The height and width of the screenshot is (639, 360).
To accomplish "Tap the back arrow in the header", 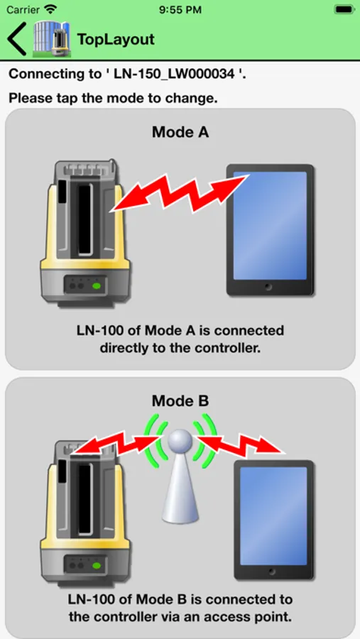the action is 17,39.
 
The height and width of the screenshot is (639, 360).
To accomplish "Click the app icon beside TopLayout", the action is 52,39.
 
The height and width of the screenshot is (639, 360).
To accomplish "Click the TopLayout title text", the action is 116,39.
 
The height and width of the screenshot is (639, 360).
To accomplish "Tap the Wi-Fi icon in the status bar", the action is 50,9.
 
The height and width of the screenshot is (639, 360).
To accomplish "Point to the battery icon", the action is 344,9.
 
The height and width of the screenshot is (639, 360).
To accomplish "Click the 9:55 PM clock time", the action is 180,9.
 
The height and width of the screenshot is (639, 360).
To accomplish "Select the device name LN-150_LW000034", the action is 175,74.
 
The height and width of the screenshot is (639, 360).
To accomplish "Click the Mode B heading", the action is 180,400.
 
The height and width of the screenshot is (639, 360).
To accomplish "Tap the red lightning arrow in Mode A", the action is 180,192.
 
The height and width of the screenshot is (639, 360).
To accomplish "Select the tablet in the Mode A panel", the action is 270,229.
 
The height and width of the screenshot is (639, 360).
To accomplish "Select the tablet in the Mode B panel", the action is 273,520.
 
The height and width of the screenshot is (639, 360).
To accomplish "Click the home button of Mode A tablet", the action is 268,287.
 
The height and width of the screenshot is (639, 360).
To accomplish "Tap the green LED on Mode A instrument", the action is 97,285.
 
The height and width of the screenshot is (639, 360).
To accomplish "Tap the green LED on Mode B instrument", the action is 97,565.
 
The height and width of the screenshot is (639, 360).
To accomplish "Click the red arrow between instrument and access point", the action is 115,443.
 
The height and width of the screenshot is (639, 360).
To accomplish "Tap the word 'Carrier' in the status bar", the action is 23,9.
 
